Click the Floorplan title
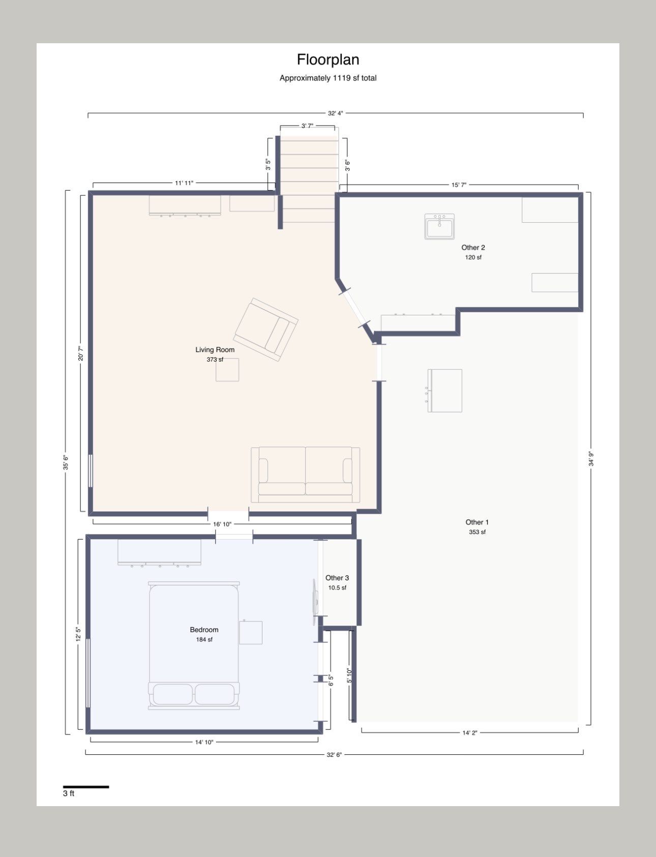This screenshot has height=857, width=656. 328,60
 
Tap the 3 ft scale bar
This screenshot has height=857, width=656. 86,787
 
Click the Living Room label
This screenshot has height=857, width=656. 215,349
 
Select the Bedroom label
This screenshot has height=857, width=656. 204,630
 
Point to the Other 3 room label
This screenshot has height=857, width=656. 337,578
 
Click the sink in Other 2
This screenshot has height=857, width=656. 439,226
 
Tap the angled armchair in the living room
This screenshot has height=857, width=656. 266,330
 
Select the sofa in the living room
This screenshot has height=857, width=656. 306,475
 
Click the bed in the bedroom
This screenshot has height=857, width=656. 194,645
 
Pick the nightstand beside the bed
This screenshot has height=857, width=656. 251,632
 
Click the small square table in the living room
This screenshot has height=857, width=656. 227,370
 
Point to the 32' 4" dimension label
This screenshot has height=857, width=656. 336,113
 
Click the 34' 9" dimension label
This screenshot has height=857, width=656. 590,459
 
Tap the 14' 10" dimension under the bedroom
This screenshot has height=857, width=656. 204,742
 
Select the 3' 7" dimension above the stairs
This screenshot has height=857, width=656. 307,126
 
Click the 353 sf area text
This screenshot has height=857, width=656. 477,532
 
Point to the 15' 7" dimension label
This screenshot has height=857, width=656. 459,185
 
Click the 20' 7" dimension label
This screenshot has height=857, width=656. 80,353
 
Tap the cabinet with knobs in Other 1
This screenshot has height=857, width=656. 444,391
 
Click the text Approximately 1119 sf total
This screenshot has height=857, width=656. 328,78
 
